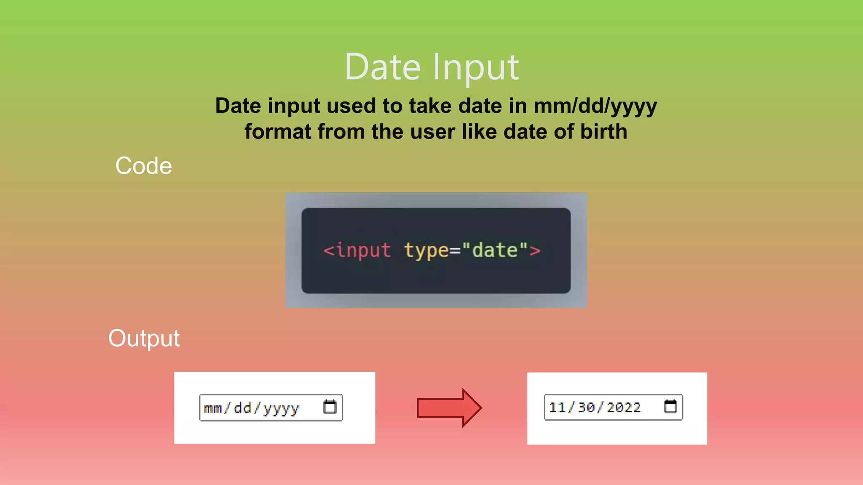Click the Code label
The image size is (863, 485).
tap(144, 165)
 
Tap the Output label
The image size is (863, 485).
tap(144, 338)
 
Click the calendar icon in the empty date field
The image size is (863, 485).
tap(330, 407)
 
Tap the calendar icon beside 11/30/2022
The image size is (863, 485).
tap(670, 407)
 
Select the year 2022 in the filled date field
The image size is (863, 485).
tap(624, 407)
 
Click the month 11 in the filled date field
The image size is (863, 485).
tap(557, 407)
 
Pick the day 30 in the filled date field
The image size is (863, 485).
tap(586, 407)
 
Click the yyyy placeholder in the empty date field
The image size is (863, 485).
tap(281, 408)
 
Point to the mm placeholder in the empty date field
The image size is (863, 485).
tap(213, 408)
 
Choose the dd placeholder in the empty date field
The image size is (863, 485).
tap(242, 408)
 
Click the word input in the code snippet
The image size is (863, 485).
tap(363, 250)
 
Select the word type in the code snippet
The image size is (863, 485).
tap(426, 250)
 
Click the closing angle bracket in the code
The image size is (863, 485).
tap(535, 250)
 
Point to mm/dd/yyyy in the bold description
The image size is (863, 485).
tap(595, 106)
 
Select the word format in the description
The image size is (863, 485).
tap(278, 132)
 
